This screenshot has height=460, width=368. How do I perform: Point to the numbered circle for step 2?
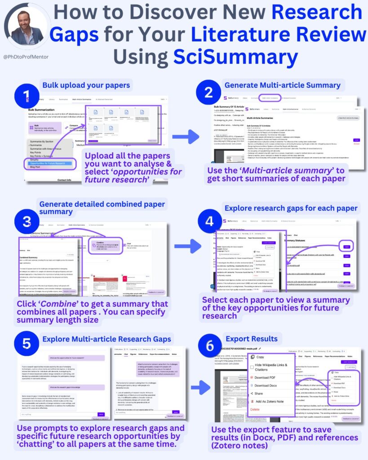pyautogui.click(x=208, y=92)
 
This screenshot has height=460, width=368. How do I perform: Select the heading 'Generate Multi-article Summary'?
pyautogui.click(x=282, y=84)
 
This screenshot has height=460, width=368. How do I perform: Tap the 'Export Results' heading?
pyautogui.click(x=252, y=338)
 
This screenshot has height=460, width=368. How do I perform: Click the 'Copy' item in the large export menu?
pyautogui.click(x=260, y=357)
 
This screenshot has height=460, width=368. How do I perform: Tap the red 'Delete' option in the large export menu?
pyautogui.click(x=255, y=410)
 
